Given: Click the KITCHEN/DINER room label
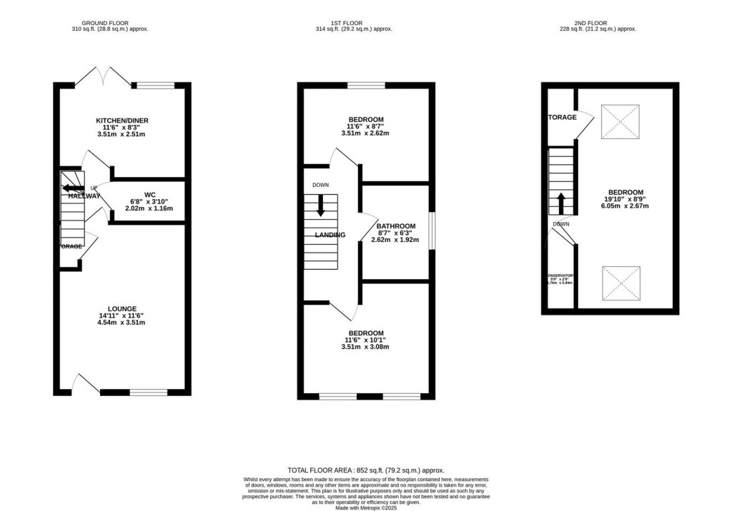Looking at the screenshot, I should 122,121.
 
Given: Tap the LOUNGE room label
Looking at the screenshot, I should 122,309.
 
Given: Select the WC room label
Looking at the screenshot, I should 150,194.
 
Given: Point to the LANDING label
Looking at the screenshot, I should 330,235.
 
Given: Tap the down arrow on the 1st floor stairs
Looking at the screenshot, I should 320,206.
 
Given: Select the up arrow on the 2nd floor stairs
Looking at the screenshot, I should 561,203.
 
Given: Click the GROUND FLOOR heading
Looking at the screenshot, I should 110,22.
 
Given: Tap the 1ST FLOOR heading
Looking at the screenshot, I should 365,22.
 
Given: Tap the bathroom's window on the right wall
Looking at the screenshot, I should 431,231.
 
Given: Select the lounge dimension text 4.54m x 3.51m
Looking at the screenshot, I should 122,323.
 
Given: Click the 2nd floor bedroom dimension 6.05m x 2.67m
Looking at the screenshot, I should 625,206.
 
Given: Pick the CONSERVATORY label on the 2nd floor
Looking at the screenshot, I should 560,275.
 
